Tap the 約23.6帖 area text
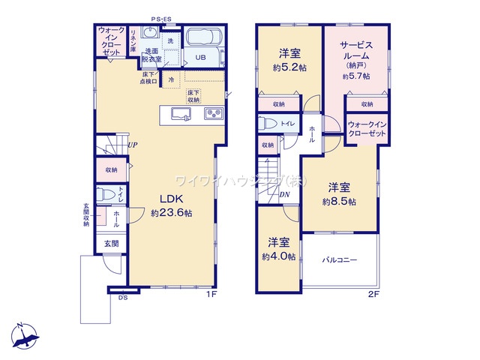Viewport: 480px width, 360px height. tap(172, 213)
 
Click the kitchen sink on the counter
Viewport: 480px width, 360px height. tap(181, 114)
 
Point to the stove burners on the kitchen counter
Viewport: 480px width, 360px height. tap(211, 114)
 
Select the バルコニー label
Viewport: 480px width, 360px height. tap(340, 260)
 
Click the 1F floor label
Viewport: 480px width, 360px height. tap(211, 294)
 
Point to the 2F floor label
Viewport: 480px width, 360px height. tap(373, 294)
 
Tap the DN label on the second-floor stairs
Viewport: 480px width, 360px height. tap(285, 196)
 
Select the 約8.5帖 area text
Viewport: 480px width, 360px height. tap(339, 201)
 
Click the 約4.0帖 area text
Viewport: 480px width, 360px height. tap(279, 256)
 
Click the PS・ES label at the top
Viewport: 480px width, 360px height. tap(160, 19)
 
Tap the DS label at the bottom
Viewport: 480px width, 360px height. tap(122, 297)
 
